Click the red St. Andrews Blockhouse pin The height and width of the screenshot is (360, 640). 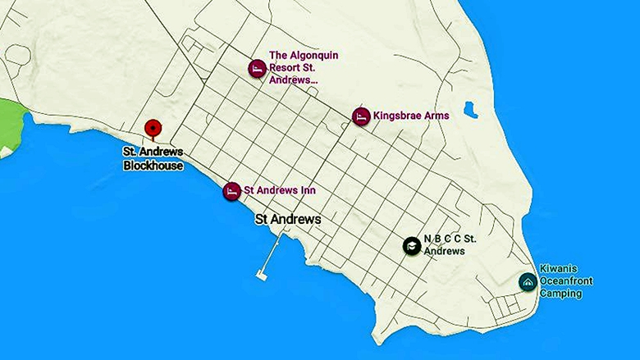[153, 129]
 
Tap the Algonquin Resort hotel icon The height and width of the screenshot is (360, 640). [257, 68]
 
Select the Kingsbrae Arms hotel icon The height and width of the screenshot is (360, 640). [360, 116]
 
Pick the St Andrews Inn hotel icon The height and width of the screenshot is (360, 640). [232, 191]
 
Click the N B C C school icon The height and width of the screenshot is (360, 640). [411, 245]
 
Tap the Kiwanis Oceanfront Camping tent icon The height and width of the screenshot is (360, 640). [528, 281]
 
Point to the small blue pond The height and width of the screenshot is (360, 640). [470, 109]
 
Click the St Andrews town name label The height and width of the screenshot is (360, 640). [288, 220]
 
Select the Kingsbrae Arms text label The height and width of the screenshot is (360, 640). [411, 116]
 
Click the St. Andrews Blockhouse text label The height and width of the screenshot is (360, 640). [153, 159]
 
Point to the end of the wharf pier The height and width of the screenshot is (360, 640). [262, 276]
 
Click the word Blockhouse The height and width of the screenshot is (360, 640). [153, 166]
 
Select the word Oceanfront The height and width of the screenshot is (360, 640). [566, 280]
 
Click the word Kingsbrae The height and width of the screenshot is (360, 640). [396, 116]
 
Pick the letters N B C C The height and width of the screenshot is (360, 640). [442, 240]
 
